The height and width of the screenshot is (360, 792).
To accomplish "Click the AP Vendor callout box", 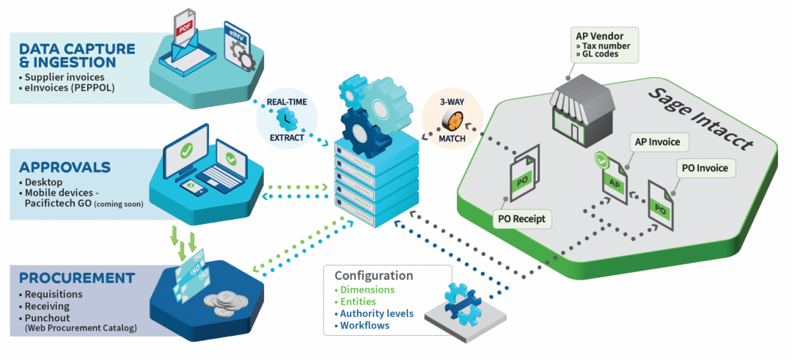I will pyautogui.click(x=603, y=43).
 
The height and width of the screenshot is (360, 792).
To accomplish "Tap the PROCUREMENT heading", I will pyautogui.click(x=77, y=279).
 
